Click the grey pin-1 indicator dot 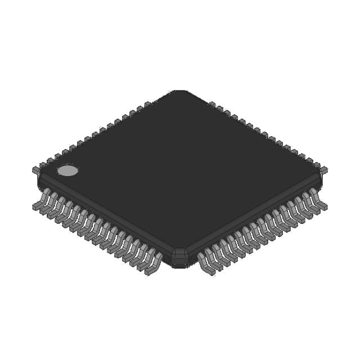pyautogui.click(x=67, y=170)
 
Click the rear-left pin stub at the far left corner pyautogui.click(x=36, y=168)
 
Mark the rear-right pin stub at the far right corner pyautogui.click(x=323, y=169)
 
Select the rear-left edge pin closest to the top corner pyautogui.click(x=148, y=104)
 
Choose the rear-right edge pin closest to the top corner pyautogui.click(x=212, y=104)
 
